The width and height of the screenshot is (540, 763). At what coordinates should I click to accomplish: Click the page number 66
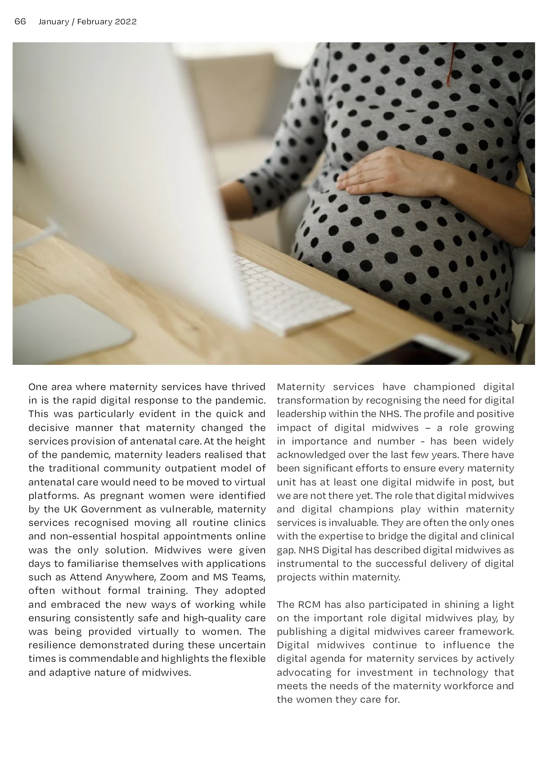tap(20, 22)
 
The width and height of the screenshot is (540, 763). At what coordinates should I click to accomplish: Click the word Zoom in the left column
tap(174, 577)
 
